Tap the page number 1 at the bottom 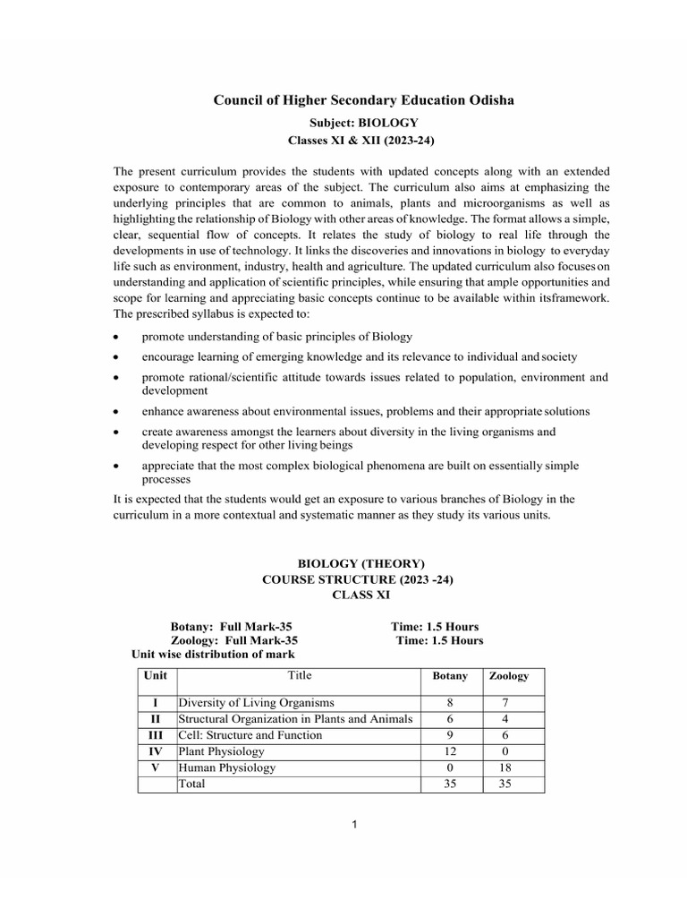355,825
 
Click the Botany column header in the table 450,676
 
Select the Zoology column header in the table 509,676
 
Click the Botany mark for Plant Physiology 450,751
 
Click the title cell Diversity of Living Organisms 256,703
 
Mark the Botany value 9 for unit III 450,735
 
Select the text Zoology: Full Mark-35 234,640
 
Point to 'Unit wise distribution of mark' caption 213,655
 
